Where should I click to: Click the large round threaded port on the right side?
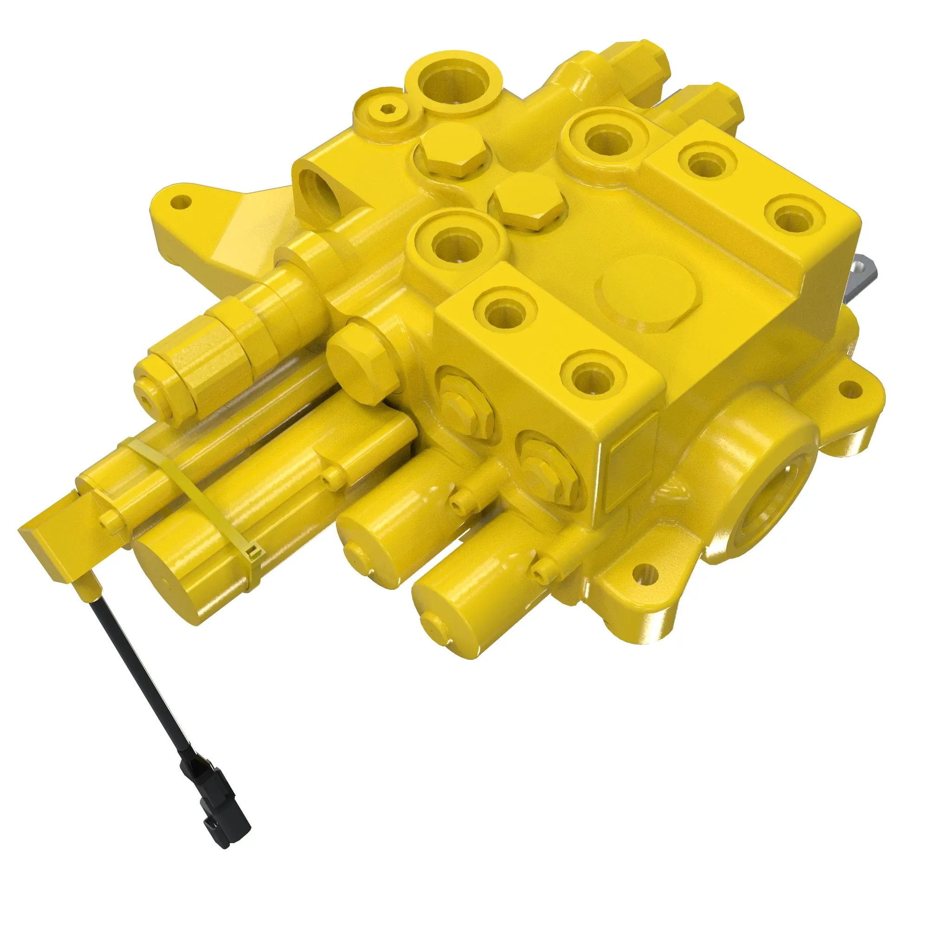tap(768, 509)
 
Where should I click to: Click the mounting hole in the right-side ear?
tap(849, 387)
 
